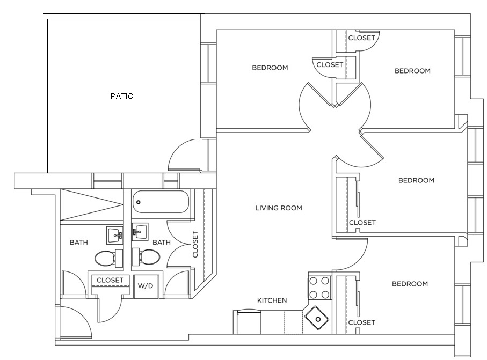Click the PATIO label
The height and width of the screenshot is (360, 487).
122,96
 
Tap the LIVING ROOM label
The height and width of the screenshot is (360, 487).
279,208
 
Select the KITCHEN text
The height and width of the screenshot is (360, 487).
272,300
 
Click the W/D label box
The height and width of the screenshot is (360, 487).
146,285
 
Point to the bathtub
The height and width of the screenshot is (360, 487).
161,203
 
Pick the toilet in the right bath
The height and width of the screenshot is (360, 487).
146,258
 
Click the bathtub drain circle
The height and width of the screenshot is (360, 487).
139,202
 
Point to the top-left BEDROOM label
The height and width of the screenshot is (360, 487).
270,68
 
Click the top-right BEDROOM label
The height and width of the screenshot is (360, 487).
412,70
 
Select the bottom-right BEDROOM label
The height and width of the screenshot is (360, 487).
410,284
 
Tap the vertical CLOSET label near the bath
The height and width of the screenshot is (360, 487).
195,244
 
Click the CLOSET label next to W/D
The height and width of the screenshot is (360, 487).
110,280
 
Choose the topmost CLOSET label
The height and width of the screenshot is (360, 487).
361,38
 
